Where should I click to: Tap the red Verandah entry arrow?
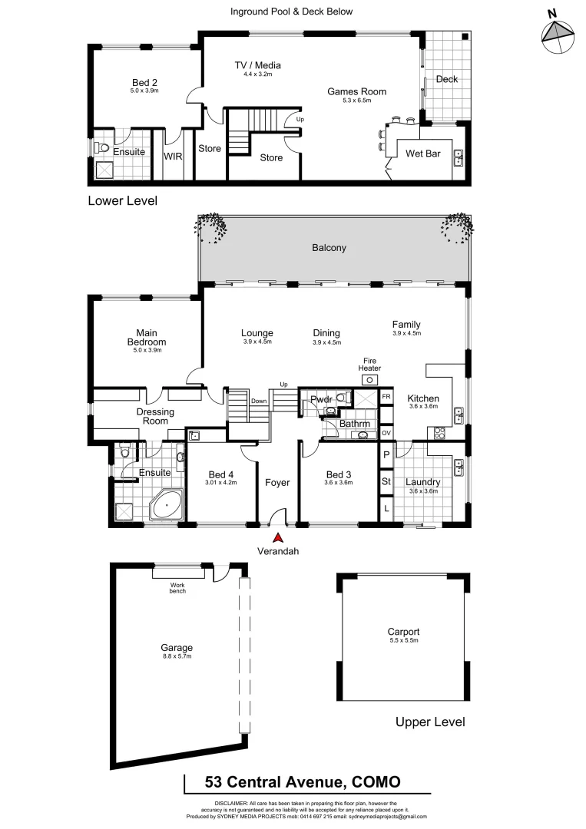[277, 540]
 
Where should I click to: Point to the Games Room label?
[356, 92]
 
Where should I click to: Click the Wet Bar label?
[422, 154]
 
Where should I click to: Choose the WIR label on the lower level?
[173, 156]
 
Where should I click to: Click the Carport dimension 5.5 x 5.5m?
[403, 640]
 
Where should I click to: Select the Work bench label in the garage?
[177, 587]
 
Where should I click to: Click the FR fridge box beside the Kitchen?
[386, 397]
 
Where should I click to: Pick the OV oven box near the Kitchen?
[386, 432]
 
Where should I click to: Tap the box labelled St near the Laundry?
[386, 482]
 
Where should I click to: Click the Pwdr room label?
[320, 399]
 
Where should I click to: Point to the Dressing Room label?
[156, 417]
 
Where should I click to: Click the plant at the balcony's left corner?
[211, 226]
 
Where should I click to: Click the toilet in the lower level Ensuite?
[104, 148]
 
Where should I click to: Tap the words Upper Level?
[429, 722]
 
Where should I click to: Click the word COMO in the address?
[376, 782]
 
